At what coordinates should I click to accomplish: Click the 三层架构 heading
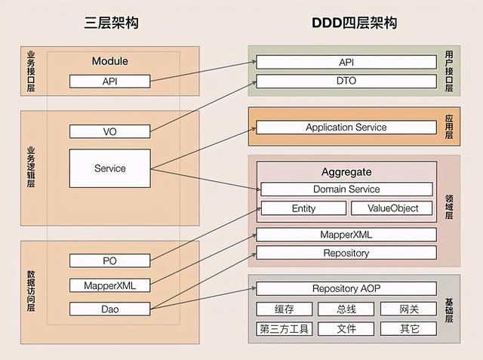point(111,23)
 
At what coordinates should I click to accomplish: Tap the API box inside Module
point(110,81)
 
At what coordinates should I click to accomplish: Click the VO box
point(110,131)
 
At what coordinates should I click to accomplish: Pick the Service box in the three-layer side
point(110,168)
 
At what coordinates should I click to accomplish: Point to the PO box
point(110,260)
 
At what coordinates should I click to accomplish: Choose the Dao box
point(110,309)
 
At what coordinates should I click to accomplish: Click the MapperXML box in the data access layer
point(110,285)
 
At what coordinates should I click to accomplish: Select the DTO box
point(346,81)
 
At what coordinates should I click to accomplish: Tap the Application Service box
point(346,128)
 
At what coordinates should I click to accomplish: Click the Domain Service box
point(346,189)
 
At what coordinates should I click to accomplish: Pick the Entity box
point(303,208)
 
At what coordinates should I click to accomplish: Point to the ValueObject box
point(392,208)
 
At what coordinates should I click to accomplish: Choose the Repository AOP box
point(346,288)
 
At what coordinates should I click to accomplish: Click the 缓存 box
point(285,309)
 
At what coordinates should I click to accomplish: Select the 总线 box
point(346,309)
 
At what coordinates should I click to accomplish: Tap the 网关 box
point(408,309)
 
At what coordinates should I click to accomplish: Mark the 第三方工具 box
point(285,329)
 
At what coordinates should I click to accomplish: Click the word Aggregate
point(346,172)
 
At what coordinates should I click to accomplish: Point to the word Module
point(110,61)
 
